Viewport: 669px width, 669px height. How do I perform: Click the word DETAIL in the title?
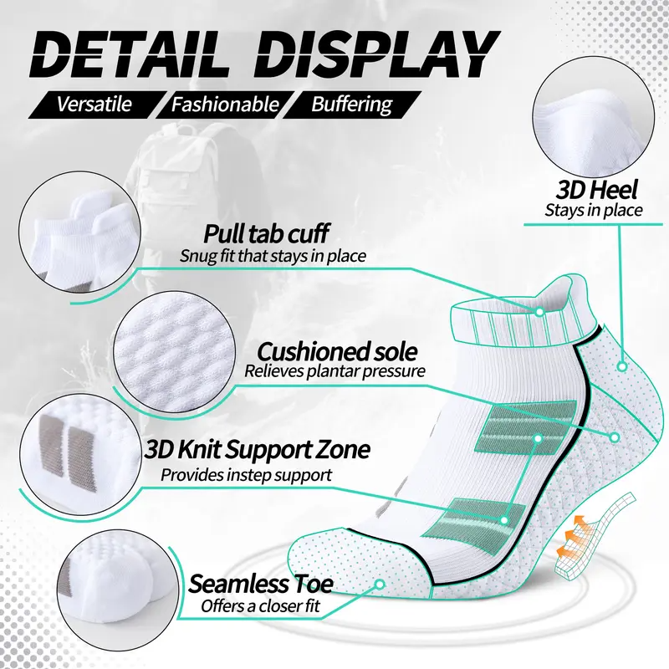click(129, 54)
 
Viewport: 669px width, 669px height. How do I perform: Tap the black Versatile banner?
click(97, 104)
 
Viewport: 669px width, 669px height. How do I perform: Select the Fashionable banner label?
click(225, 104)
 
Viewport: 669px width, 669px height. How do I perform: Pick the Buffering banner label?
click(351, 104)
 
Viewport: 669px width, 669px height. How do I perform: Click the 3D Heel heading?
click(596, 190)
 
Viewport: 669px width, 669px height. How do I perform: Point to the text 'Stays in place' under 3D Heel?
click(594, 211)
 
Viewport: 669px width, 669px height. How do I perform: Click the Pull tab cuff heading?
click(266, 233)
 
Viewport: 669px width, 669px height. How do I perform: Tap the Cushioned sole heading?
click(337, 352)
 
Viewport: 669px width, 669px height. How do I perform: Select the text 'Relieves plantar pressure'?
click(334, 370)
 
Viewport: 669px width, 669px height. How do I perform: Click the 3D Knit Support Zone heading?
click(257, 449)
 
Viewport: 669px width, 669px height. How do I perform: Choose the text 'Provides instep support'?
click(246, 474)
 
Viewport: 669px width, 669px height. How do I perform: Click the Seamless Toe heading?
click(260, 583)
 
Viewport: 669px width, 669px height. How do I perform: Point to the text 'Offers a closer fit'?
click(260, 605)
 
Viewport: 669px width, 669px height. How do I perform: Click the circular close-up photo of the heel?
click(593, 117)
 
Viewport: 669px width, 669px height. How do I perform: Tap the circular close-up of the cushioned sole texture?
click(175, 352)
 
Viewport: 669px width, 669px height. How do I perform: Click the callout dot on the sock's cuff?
click(539, 312)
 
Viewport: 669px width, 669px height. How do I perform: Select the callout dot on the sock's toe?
click(379, 584)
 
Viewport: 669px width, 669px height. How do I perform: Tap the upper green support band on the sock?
click(527, 426)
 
